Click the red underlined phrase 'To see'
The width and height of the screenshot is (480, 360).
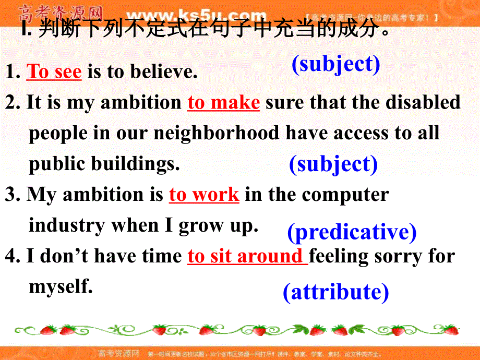54,71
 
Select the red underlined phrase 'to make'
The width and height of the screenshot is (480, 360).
223,102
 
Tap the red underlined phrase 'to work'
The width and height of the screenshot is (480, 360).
204,195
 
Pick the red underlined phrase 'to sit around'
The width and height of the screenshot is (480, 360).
247,256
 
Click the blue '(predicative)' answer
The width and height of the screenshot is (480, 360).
352,232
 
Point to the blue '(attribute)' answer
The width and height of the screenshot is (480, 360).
335,292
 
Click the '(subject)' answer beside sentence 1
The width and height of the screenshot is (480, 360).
335,64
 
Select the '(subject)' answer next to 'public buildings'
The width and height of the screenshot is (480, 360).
333,164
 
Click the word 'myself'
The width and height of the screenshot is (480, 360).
60,286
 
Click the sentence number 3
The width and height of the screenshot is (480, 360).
10,195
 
